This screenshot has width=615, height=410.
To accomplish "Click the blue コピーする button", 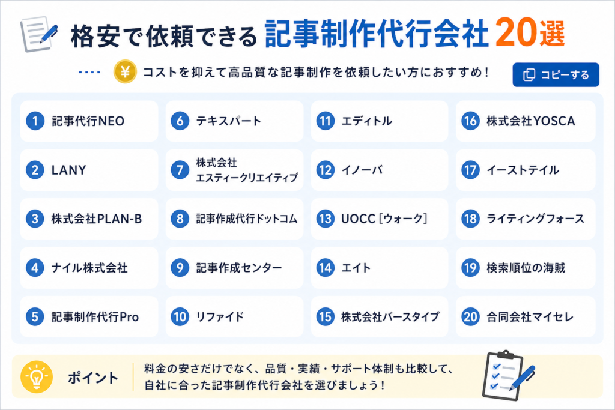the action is point(556,74).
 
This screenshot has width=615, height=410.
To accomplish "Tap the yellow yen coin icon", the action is point(125,71).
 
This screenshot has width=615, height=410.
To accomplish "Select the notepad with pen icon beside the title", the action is point(38,34).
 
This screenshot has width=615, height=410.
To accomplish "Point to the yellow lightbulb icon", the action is point(37,376).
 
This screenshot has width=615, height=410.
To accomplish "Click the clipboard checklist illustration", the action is point(508,375).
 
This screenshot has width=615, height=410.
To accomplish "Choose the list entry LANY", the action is point(68,170).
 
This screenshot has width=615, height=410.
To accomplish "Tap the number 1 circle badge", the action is point(35,121).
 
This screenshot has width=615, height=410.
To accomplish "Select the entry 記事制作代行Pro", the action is point(95,317).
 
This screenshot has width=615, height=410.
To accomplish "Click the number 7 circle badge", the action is point(180,170).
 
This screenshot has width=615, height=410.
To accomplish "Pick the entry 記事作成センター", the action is point(239,268).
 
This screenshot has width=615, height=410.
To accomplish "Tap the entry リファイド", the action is point(220,317).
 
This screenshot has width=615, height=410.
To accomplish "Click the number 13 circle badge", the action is point(325,219).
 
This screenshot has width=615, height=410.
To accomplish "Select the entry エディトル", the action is point(366,121).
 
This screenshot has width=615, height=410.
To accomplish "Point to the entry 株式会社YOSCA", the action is point(531,121).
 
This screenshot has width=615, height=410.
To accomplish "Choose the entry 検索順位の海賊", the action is point(526,268).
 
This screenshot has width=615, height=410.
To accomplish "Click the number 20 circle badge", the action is point(470,317).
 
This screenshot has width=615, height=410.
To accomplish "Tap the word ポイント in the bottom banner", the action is point(93,378).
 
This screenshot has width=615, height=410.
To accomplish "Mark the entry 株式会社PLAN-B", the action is point(97,219).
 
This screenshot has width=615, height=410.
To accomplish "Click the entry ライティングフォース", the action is point(535,219).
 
